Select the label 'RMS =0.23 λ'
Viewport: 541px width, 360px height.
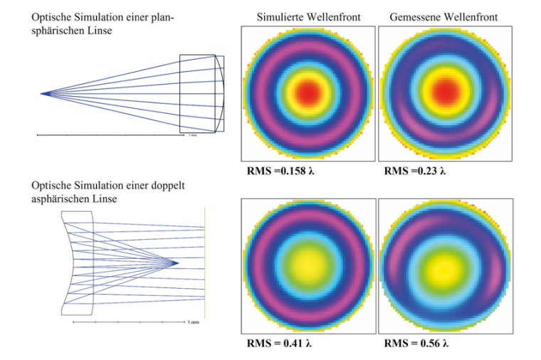click(x=415, y=171)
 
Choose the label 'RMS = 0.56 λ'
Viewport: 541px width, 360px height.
click(x=417, y=344)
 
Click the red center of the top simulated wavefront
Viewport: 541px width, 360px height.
click(x=308, y=92)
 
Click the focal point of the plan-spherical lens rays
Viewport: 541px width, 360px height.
click(x=43, y=93)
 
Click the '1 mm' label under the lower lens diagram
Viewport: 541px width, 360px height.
click(x=193, y=324)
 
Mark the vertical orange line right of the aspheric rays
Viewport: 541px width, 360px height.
click(x=205, y=263)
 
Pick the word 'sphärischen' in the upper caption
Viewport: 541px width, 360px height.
click(x=55, y=30)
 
